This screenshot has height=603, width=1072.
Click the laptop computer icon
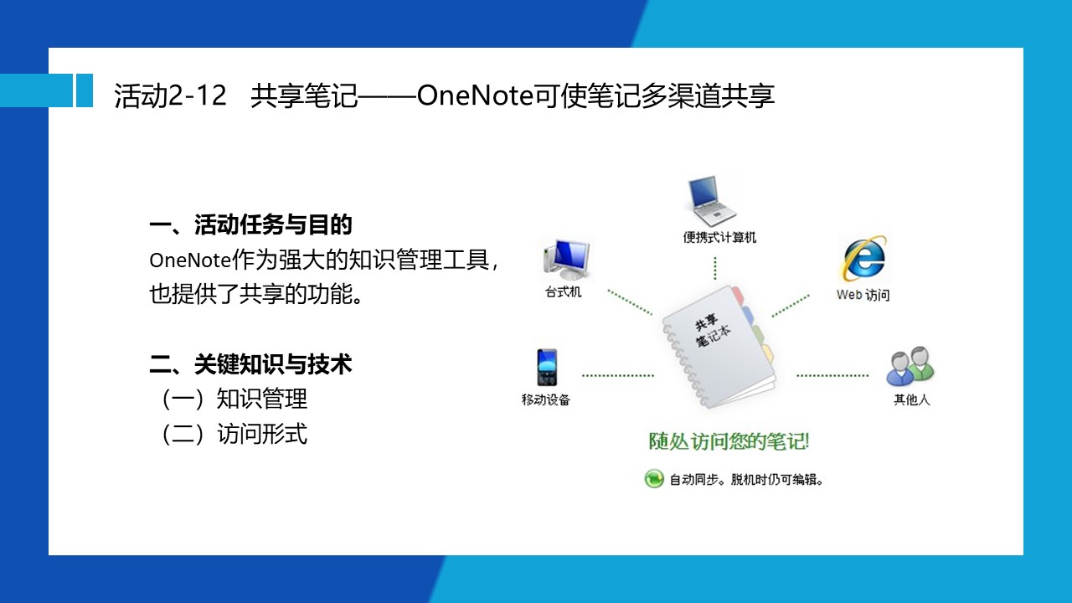click(711, 201)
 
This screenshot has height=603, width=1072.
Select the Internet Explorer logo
click(864, 259)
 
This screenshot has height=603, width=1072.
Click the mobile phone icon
click(547, 367)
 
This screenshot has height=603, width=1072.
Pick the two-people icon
click(910, 367)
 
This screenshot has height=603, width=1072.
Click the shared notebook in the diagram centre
click(719, 347)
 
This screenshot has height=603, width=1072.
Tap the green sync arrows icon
click(654, 478)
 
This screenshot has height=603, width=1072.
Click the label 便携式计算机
click(719, 238)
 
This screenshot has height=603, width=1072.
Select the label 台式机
click(564, 292)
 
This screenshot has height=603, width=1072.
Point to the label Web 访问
click(863, 295)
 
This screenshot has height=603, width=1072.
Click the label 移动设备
click(545, 399)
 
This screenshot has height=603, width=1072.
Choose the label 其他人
click(912, 399)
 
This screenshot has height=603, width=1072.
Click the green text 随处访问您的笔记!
click(729, 441)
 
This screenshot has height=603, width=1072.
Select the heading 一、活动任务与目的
click(250, 225)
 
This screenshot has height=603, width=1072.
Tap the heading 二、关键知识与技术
click(250, 364)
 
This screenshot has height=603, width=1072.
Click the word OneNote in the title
click(475, 95)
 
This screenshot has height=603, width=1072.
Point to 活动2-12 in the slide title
click(170, 95)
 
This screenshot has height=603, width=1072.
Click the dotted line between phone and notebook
click(618, 376)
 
